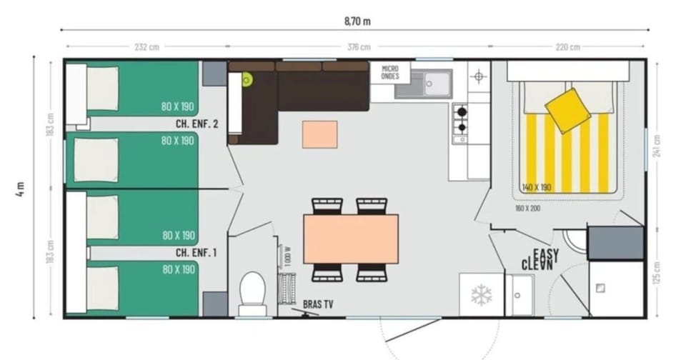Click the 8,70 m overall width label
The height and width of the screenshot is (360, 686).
pos(357,21)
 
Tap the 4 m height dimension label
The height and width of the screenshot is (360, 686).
pos(21,188)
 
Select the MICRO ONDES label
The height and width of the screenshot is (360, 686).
pos(390,72)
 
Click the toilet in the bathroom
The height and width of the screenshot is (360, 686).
pos(252,293)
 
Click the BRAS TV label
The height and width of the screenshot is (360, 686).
pos(318,304)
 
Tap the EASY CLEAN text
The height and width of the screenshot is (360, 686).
pos(541,259)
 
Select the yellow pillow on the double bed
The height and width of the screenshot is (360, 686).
pos(567,111)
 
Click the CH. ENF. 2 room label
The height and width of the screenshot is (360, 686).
pos(197,124)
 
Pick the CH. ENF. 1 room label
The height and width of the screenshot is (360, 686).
pos(197,252)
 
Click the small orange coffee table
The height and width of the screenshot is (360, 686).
pos(319,134)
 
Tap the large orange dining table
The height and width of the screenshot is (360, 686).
pos(351,239)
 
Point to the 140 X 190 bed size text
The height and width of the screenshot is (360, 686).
pos(537,187)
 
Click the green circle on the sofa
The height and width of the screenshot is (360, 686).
pos(247,80)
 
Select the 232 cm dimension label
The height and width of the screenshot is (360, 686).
pos(146,47)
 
